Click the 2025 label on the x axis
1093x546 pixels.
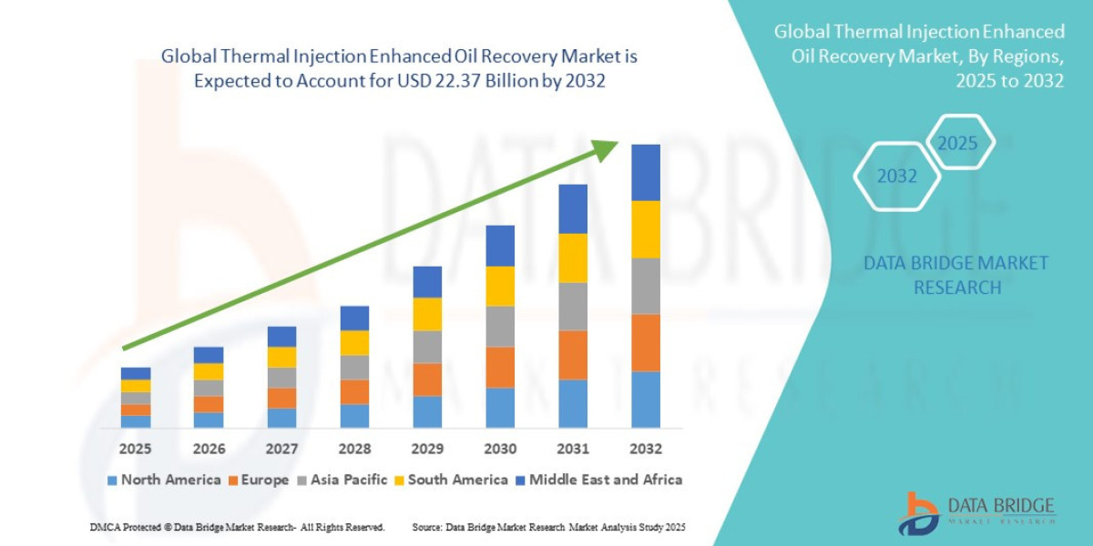coord(135,449)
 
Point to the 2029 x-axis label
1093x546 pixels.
coord(427,449)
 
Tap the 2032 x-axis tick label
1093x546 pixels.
coord(645,449)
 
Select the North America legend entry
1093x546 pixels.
coord(164,480)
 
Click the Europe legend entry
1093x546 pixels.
coord(259,480)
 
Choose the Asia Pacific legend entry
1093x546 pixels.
coord(342,480)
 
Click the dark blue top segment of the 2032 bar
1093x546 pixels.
coord(645,172)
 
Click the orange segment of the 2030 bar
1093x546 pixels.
coord(500,367)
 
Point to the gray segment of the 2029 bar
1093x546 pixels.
coord(427,347)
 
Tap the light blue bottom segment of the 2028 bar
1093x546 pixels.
coord(354,416)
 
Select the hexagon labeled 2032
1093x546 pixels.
coord(896,176)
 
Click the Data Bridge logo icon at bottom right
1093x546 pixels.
coord(916,513)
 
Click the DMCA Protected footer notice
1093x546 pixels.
coord(237,527)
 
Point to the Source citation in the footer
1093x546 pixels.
coord(548,527)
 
